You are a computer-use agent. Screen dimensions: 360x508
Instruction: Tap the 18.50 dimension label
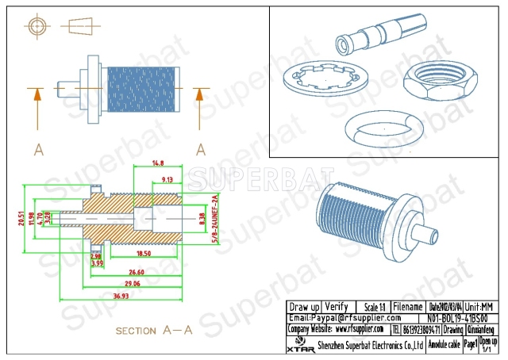(x=144, y=253)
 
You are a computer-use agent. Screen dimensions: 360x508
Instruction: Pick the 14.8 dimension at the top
(x=157, y=163)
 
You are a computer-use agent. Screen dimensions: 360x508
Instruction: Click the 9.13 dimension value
(x=167, y=180)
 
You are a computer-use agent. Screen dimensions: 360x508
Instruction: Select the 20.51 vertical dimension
(x=21, y=216)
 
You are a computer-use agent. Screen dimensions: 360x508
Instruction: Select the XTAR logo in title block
(x=299, y=344)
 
